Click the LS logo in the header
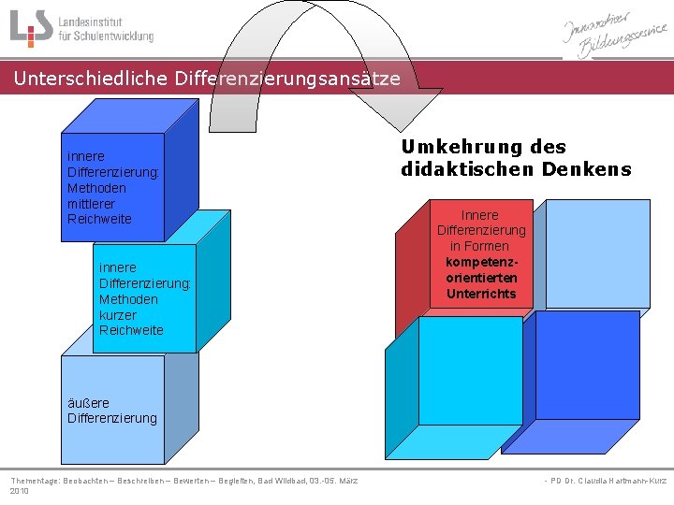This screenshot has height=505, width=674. point(30,28)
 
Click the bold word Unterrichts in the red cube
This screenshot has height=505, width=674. point(481,294)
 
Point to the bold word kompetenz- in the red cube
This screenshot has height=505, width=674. point(481,262)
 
